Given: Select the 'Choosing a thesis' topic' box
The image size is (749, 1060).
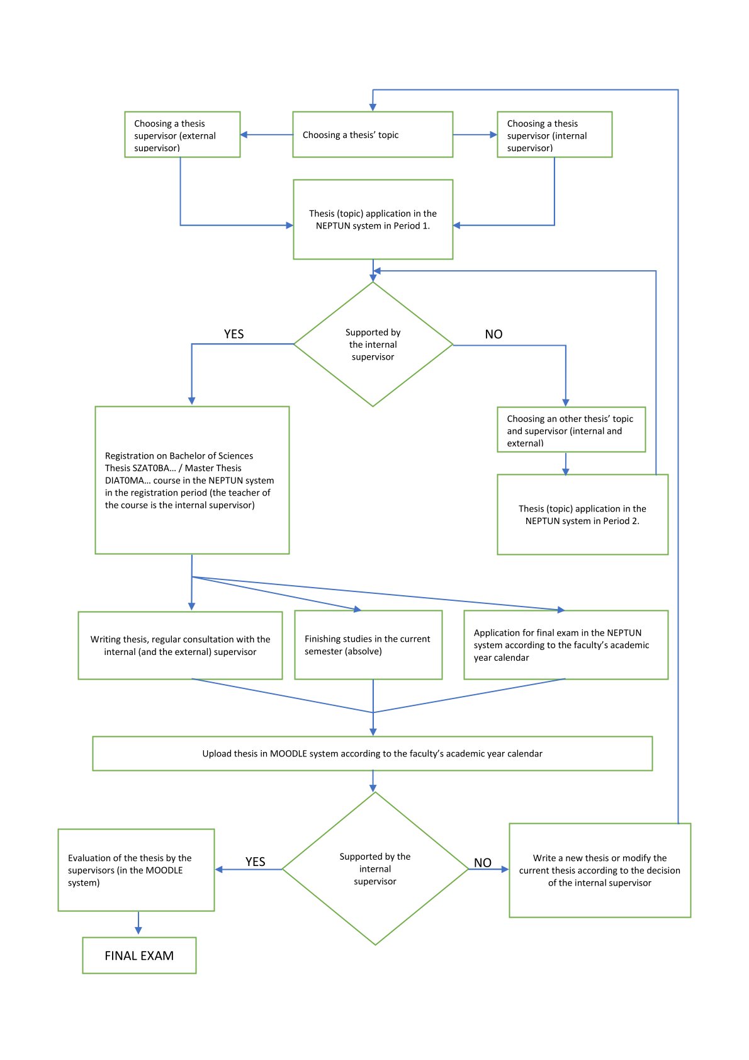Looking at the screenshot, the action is click(x=373, y=134).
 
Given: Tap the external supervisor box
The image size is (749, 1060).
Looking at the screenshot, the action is click(x=182, y=134).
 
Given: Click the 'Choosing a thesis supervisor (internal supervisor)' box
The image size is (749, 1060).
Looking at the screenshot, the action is click(x=555, y=134).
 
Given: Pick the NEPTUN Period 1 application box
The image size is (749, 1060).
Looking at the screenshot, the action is click(x=373, y=219).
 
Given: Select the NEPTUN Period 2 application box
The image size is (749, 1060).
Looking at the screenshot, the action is click(x=583, y=515).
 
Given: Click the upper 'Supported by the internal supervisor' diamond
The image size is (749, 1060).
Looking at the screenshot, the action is click(x=373, y=344).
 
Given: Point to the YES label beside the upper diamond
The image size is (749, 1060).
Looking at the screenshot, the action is click(x=234, y=334).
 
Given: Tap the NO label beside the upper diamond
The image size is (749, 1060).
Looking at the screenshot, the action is click(x=493, y=334).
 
